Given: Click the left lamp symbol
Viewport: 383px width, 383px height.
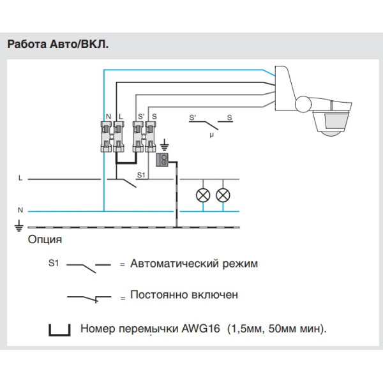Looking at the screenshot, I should pos(203,195).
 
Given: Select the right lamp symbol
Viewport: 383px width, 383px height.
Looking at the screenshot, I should pos(223,195).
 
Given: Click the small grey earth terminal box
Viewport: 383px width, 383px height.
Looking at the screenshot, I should pos(163,160).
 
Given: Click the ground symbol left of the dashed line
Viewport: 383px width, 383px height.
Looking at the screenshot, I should pos(20,225).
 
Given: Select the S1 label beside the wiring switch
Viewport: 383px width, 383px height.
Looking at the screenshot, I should pos(142,174).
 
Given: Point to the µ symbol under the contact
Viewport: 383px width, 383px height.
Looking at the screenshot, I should pos(211,135).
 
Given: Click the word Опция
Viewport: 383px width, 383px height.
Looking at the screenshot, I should pos(45,240).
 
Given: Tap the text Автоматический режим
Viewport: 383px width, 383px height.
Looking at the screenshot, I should pos(194,263).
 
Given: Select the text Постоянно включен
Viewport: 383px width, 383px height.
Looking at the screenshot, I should pos(184,295).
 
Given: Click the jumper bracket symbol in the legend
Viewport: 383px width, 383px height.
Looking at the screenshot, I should pos(59,330).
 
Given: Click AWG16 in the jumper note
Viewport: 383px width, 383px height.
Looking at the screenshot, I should pos(200,329).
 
